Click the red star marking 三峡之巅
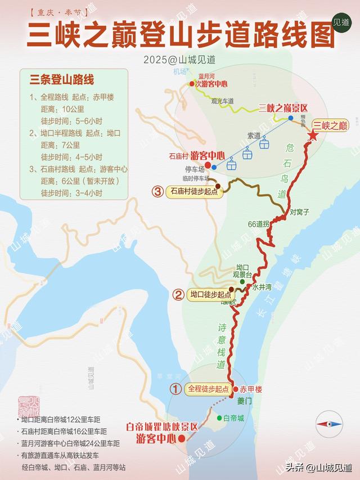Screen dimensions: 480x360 click(x=313, y=136)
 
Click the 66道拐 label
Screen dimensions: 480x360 click(x=259, y=223)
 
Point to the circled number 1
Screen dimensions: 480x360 click(x=175, y=389)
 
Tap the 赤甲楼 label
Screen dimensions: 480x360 click(x=251, y=389)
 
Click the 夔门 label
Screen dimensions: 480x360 click(x=244, y=401)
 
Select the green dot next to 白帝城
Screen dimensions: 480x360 click(x=219, y=418)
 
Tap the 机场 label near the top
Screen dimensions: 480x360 click(x=179, y=72)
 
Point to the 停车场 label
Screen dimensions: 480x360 click(x=193, y=168)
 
